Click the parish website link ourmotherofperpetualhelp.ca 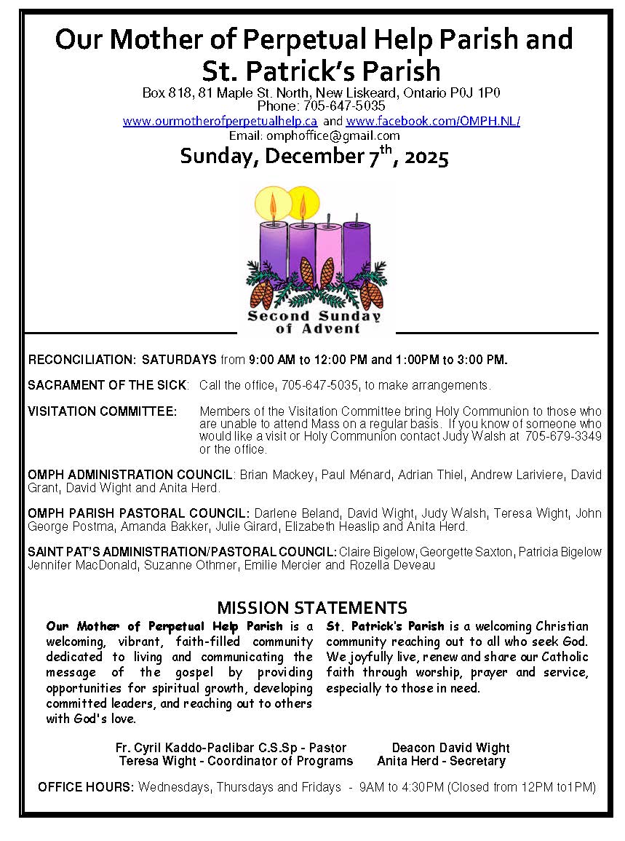(x=220, y=122)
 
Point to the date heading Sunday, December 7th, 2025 (x=314, y=157)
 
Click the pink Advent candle (x=328, y=251)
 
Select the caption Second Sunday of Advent (x=314, y=322)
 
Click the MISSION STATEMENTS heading (x=312, y=608)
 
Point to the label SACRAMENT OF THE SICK (x=108, y=384)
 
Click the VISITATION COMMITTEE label (x=102, y=411)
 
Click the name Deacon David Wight (x=450, y=748)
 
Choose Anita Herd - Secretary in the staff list (x=441, y=761)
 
